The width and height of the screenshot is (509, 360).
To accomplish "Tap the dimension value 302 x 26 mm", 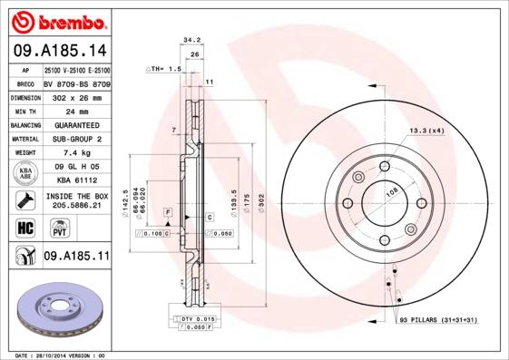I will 76,96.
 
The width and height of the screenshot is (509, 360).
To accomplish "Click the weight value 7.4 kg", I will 76,153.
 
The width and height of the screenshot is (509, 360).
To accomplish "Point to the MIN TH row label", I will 24,111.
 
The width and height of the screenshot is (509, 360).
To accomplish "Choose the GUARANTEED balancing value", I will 76,124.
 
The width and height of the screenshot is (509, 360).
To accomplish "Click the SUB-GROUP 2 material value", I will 76,139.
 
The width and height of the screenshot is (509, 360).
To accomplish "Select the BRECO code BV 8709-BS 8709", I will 76,83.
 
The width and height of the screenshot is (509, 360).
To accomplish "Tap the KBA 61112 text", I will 76,180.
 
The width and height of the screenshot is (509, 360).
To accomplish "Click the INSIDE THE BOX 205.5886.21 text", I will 76,201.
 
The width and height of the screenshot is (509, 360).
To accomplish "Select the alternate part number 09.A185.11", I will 76,258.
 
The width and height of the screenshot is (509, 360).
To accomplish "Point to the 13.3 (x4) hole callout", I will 426,131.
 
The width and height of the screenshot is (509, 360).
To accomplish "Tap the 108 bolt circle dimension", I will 393,191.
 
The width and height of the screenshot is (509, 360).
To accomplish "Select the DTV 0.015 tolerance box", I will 192,318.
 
